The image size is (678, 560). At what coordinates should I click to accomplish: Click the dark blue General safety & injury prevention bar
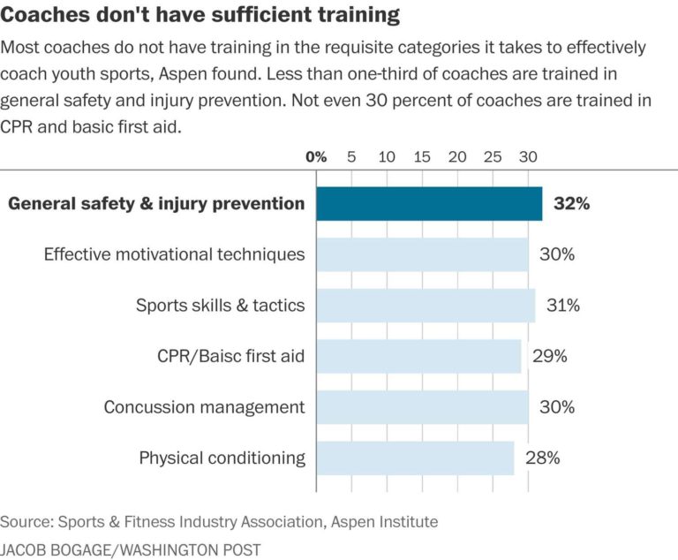[429, 204]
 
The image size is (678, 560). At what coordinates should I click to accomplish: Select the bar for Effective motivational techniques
[422, 254]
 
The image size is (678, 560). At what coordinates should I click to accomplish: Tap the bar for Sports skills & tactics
[426, 306]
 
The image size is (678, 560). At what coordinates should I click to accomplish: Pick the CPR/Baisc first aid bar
[418, 356]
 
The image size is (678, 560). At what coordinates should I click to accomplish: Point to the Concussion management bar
[422, 407]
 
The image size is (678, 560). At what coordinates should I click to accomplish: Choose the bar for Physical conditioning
[415, 458]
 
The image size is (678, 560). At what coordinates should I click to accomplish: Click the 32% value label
[571, 204]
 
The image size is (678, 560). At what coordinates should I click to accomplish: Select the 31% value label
[562, 306]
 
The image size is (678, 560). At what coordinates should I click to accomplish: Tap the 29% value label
[549, 356]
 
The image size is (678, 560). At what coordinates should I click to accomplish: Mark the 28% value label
[542, 458]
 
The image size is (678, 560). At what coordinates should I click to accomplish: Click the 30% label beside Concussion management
[556, 407]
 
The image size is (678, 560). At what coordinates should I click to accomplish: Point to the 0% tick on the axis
[316, 156]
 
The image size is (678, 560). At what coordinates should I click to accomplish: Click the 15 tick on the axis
[422, 156]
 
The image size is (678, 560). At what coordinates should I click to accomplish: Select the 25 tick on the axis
[493, 156]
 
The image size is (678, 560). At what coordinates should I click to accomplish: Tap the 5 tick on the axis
[351, 156]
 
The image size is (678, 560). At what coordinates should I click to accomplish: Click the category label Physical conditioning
[222, 458]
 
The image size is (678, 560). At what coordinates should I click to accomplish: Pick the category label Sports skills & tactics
[220, 306]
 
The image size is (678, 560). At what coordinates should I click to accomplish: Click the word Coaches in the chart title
[40, 15]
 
